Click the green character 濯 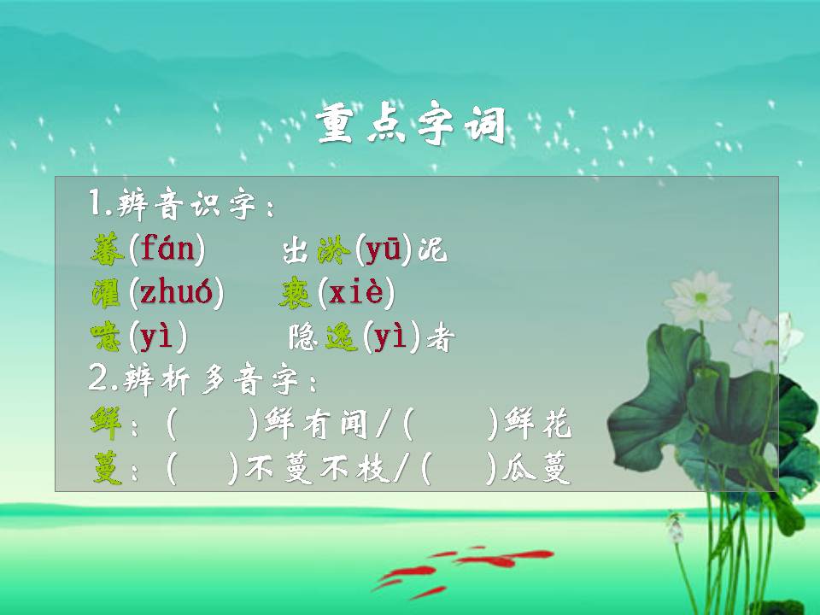point(108,294)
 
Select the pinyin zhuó point(176,294)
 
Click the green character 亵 point(296,294)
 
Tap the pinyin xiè point(355,294)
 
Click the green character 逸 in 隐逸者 point(342,339)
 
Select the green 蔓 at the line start point(108,469)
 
